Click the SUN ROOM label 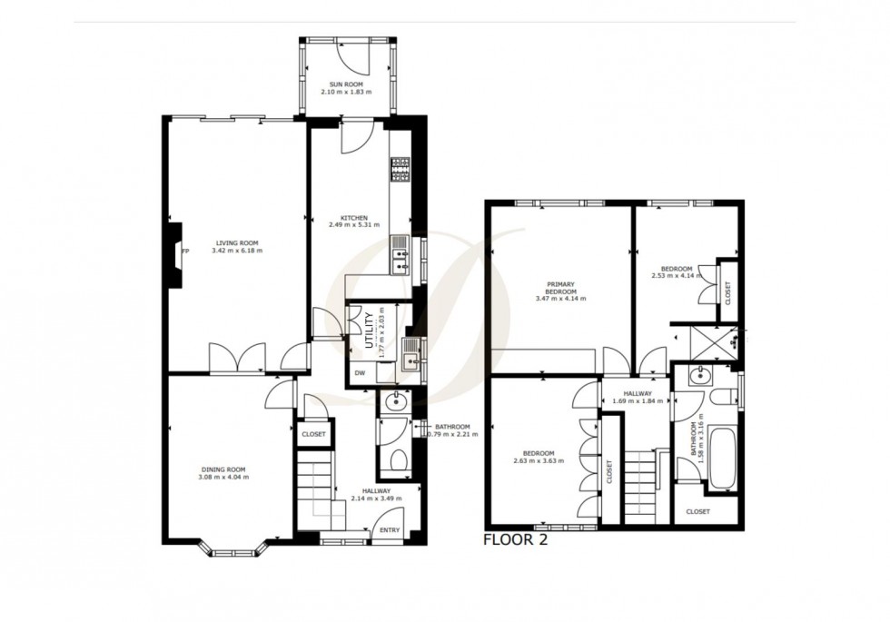[x=346, y=84]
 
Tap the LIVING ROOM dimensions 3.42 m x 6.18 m [x=237, y=251]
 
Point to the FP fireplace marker [x=185, y=251]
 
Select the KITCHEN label [x=354, y=218]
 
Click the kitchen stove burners [x=400, y=170]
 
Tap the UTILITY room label [x=370, y=331]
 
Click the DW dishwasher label [x=360, y=373]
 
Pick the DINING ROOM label [x=223, y=469]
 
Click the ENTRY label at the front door [x=390, y=530]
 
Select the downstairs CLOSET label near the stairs [x=313, y=434]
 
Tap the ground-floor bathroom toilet [x=399, y=459]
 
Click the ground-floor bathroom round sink [x=395, y=402]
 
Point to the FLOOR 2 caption [x=516, y=539]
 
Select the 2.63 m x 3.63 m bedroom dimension [x=538, y=461]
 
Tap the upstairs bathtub [x=723, y=459]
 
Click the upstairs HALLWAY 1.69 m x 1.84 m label [x=638, y=398]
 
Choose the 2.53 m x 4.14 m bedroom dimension [x=677, y=276]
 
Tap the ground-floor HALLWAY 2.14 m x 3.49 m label [x=376, y=495]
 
